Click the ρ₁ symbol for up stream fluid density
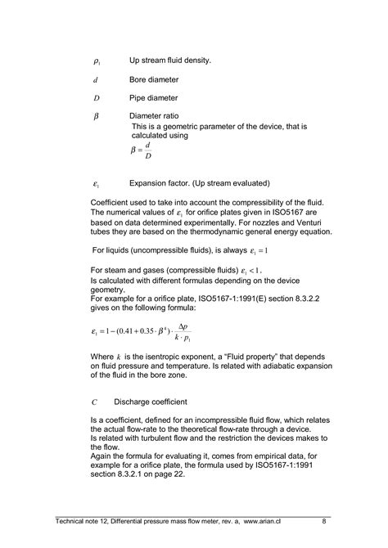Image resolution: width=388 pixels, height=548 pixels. pos(97,61)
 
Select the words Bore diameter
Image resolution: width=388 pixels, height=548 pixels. pos(154,80)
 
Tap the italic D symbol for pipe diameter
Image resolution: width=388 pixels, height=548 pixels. pos(97,98)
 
